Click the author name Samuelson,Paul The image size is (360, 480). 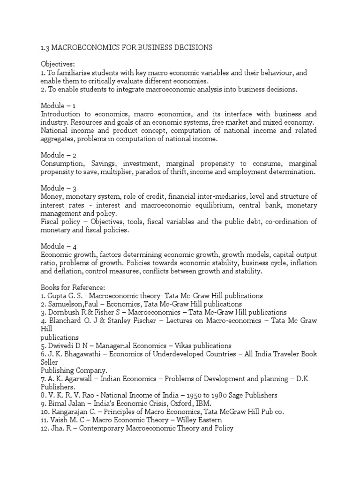(x=75, y=304)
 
